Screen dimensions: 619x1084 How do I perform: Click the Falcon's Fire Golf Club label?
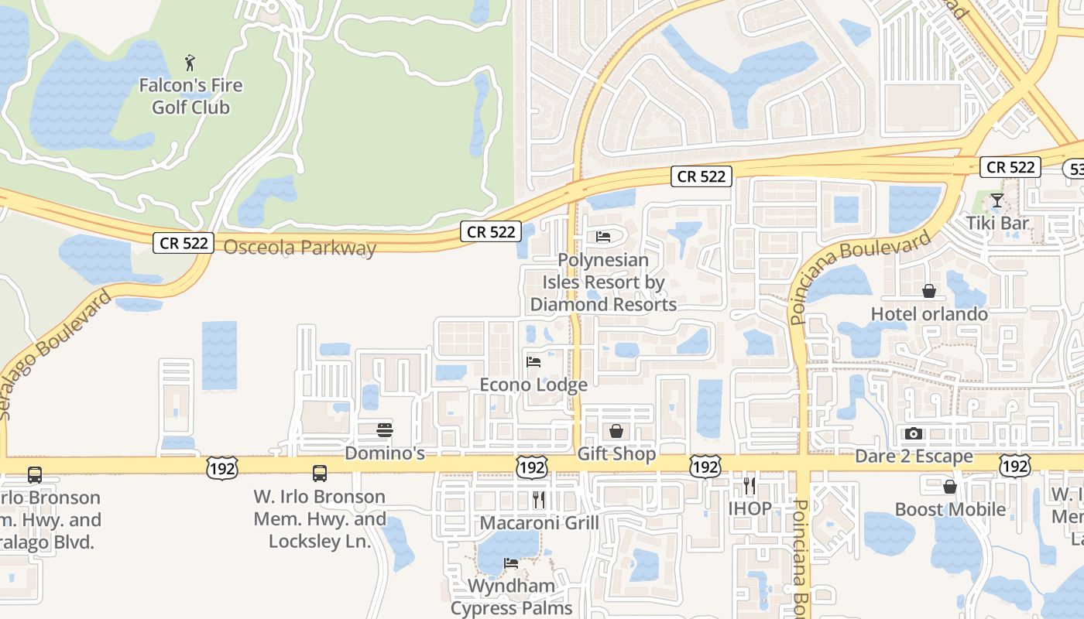[x=190, y=97]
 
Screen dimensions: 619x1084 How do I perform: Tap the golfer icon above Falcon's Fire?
[x=190, y=63]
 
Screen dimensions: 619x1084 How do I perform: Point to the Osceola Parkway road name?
[x=300, y=248]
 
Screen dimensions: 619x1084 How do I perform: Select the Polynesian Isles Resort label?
[x=603, y=282]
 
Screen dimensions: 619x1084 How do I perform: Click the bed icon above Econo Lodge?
[x=533, y=361]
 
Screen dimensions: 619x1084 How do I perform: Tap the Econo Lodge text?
[x=533, y=385]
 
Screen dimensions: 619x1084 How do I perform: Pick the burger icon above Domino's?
[x=385, y=430]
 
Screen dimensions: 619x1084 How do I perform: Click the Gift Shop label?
[x=616, y=454]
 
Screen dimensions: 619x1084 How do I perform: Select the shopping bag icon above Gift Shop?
[x=616, y=431]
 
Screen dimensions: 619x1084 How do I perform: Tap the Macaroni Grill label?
[x=539, y=523]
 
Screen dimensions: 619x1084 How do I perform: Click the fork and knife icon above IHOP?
[x=749, y=486]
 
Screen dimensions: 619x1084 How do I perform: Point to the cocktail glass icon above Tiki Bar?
[x=997, y=201]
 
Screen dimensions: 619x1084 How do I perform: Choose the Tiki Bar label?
[x=997, y=224]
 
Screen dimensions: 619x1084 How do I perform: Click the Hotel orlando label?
[x=929, y=314]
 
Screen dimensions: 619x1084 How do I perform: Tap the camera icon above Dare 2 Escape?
[x=914, y=433]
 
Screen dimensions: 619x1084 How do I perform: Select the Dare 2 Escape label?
[x=914, y=457]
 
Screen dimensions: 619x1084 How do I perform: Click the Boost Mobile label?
[x=950, y=510]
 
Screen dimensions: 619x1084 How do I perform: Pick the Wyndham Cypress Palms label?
[x=511, y=597]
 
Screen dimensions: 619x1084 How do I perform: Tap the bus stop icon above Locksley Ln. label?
[x=320, y=474]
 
